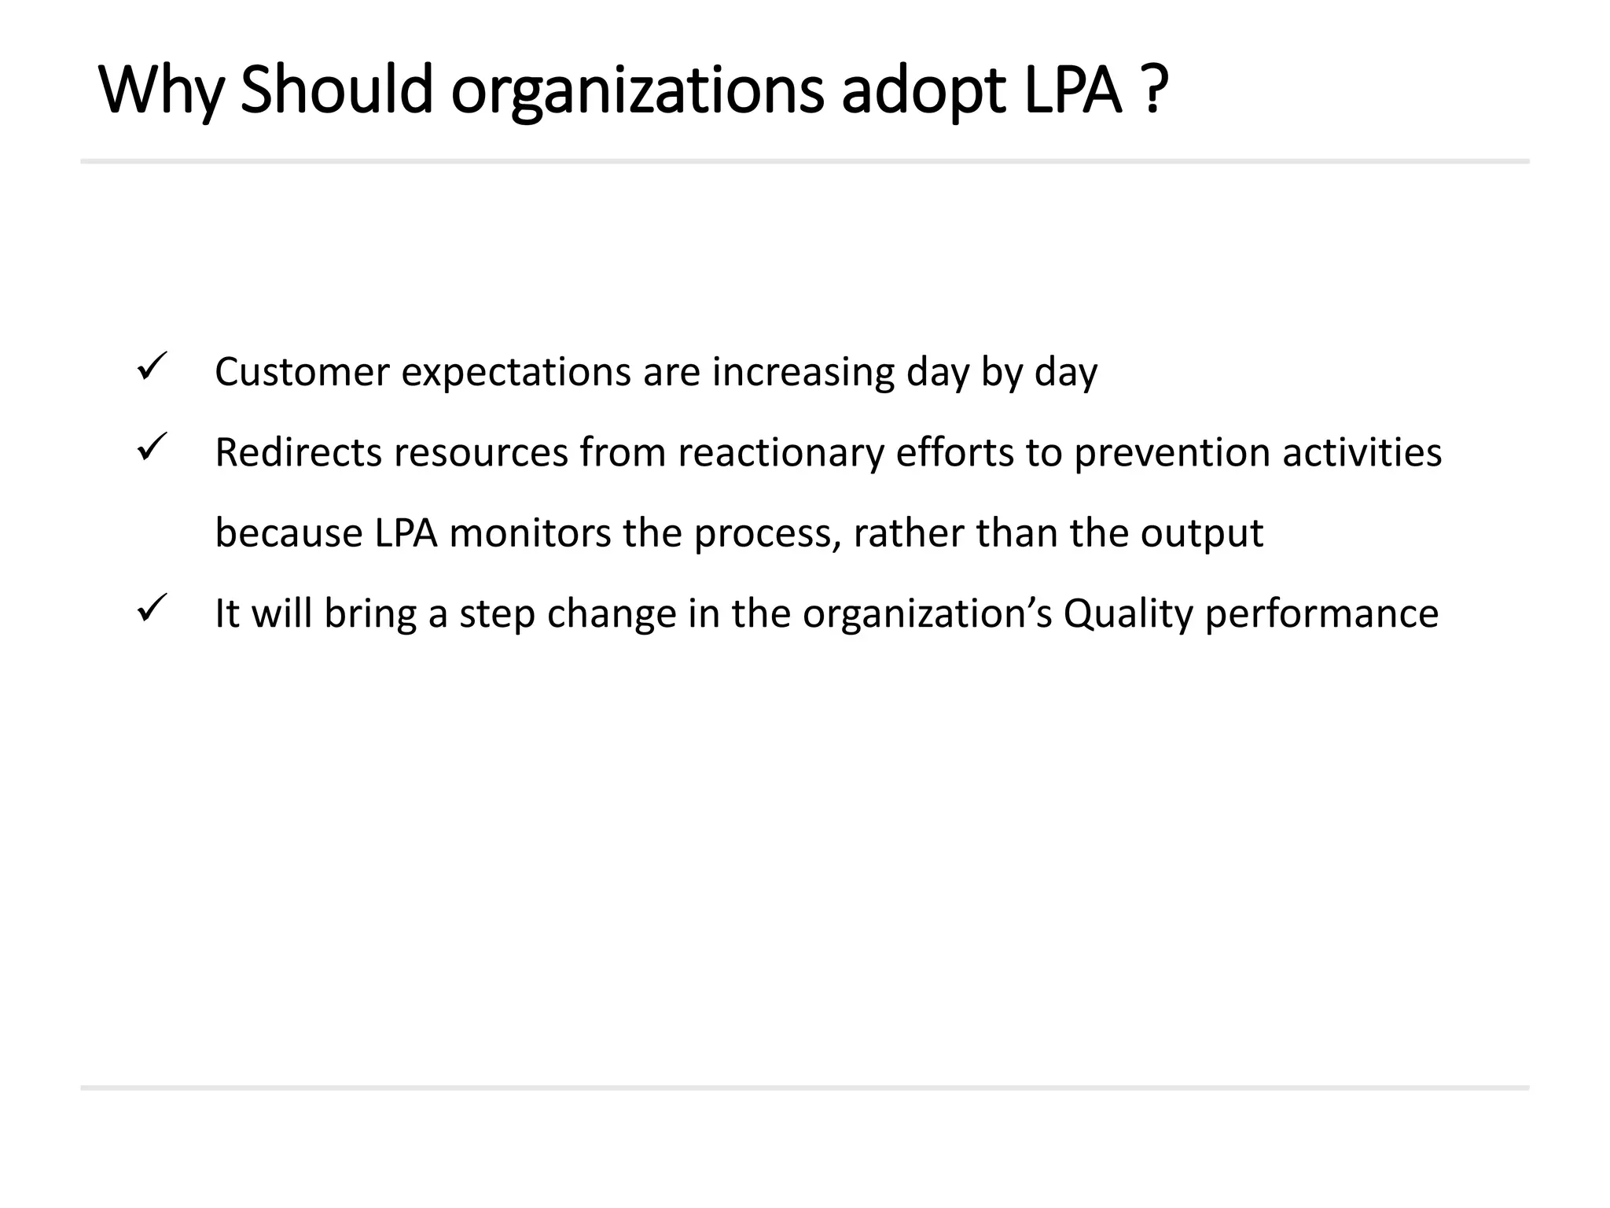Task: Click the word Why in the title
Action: (162, 90)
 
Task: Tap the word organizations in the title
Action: (638, 90)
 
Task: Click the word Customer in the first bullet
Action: (302, 372)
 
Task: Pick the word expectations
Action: (516, 374)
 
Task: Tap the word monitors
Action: (530, 533)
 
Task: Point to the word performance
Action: (1321, 615)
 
